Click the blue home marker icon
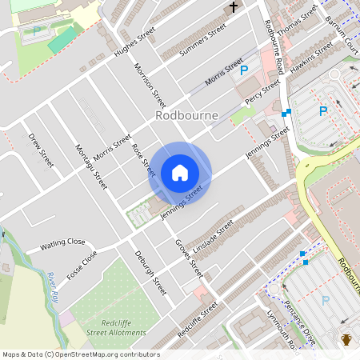click(x=180, y=173)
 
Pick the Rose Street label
click(x=142, y=160)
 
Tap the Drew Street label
click(x=40, y=150)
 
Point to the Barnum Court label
click(x=343, y=36)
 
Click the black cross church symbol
click(x=234, y=8)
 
